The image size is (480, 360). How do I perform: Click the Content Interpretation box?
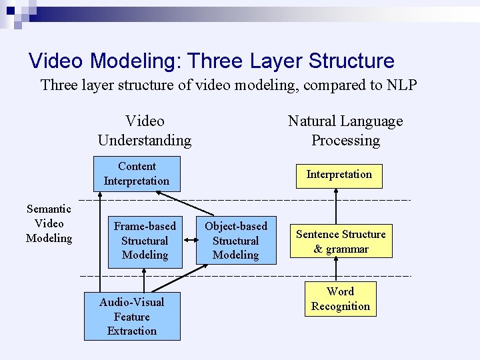click(137, 173)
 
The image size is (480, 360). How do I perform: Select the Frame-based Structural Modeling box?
click(145, 241)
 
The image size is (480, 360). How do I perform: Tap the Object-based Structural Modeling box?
click(235, 241)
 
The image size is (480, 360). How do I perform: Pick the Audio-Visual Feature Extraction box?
click(132, 317)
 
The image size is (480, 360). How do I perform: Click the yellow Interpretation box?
click(339, 175)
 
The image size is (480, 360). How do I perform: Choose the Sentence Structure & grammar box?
click(341, 241)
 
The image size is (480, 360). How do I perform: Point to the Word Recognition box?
click(340, 299)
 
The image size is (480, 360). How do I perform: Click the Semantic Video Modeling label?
click(49, 224)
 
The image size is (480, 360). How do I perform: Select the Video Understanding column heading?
click(145, 131)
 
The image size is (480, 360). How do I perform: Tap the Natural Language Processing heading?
click(345, 131)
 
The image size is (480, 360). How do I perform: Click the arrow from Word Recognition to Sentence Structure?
click(337, 269)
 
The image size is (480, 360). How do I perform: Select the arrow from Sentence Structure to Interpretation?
click(337, 207)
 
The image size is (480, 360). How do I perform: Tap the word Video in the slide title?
click(57, 61)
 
